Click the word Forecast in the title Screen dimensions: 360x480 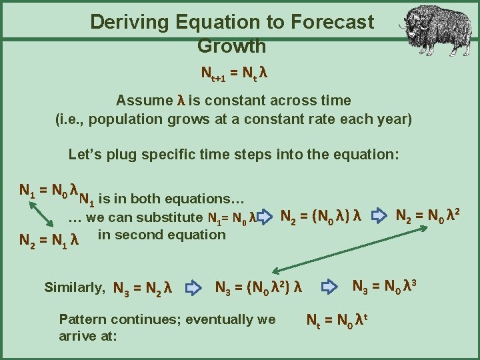331,22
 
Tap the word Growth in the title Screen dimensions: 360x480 231,47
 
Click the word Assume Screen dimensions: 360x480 144,101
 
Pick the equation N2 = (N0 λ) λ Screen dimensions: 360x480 321,216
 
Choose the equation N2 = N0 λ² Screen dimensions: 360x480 429,215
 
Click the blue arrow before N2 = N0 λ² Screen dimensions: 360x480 378,216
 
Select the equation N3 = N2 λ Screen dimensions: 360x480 143,289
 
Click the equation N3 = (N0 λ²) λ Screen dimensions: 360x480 259,288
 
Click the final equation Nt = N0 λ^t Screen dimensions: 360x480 339,320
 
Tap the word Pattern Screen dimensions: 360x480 83,319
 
